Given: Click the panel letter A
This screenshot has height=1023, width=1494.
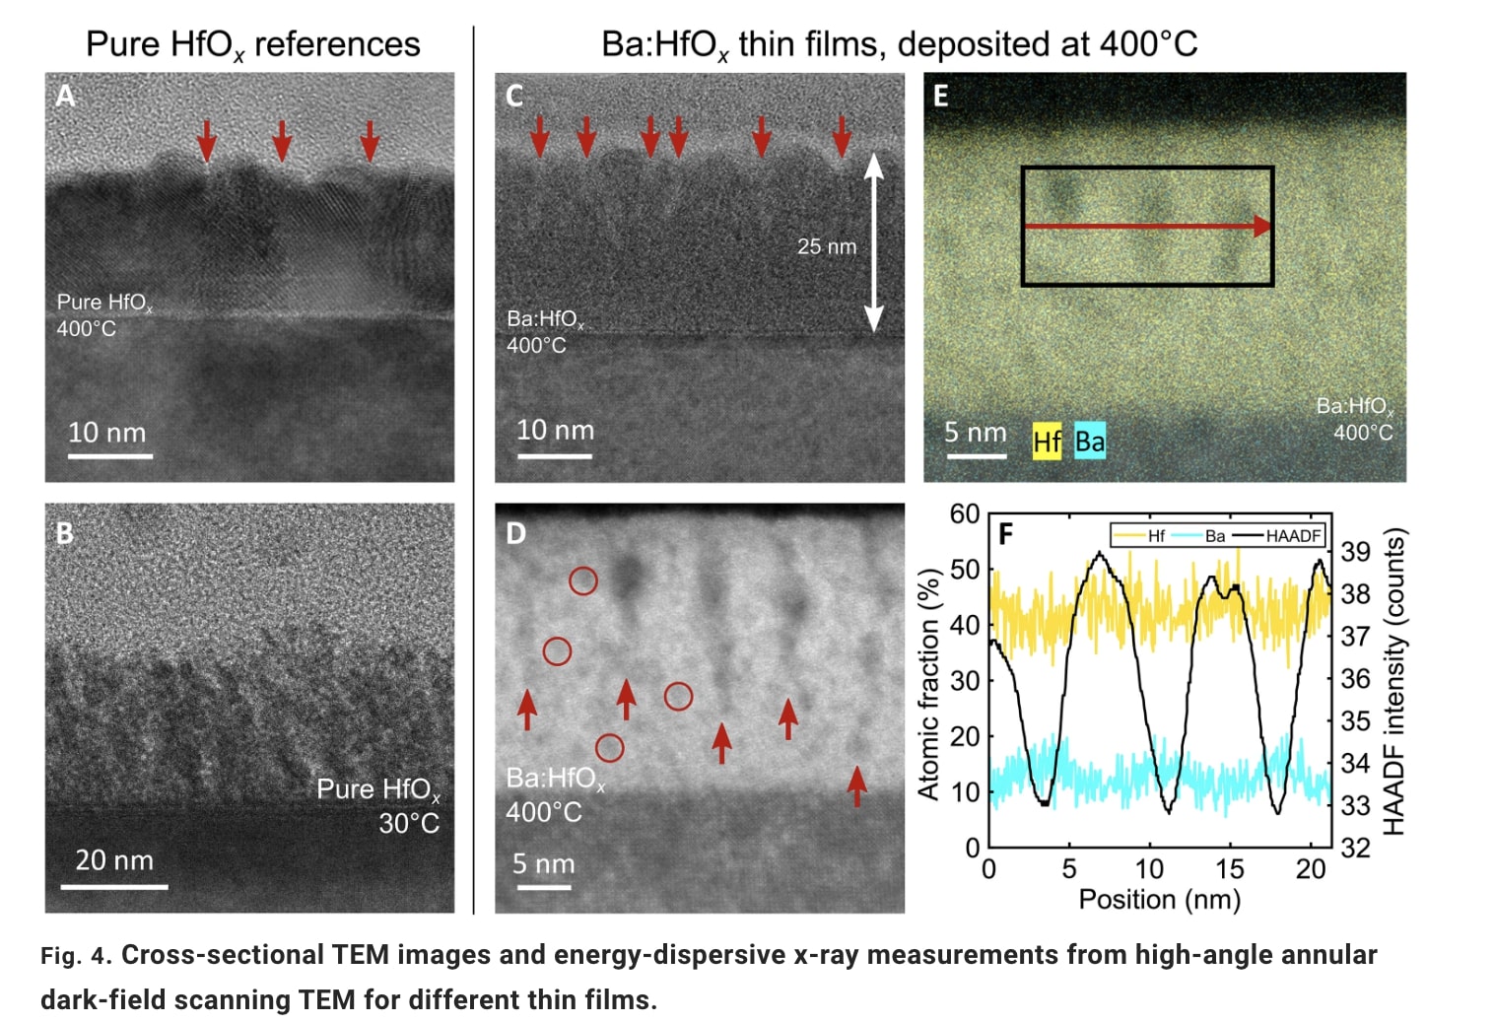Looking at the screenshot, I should [x=65, y=96].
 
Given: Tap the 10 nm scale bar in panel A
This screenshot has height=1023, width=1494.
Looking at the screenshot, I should [x=109, y=455].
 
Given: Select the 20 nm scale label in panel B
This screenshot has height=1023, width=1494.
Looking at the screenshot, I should [x=114, y=860].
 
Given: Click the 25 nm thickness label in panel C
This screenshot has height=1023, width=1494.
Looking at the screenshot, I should [x=826, y=246].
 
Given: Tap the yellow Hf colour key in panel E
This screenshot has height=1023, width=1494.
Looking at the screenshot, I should [x=1047, y=442].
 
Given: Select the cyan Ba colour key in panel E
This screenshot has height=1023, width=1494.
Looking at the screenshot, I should [x=1089, y=442].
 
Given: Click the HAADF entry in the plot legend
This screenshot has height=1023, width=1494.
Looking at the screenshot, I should [x=1292, y=536].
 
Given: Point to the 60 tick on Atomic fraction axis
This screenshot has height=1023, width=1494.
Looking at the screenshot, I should [x=964, y=513].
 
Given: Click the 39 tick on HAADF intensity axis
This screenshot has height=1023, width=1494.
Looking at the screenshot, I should [x=1356, y=552].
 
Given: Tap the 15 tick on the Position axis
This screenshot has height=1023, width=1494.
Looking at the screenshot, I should [x=1229, y=869].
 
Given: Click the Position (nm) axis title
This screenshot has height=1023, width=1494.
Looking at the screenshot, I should [x=1159, y=900].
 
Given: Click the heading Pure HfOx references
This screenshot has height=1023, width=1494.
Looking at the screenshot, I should [x=252, y=44].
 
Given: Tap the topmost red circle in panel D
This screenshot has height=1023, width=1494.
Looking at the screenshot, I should [x=583, y=580].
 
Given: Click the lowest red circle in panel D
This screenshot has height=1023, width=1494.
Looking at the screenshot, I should [x=609, y=748].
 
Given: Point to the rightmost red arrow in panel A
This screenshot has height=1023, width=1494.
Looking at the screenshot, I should [x=370, y=140].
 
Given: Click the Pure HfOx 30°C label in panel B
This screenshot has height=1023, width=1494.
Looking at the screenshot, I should [x=378, y=805].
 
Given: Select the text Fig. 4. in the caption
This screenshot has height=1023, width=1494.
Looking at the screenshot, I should [x=76, y=956].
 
